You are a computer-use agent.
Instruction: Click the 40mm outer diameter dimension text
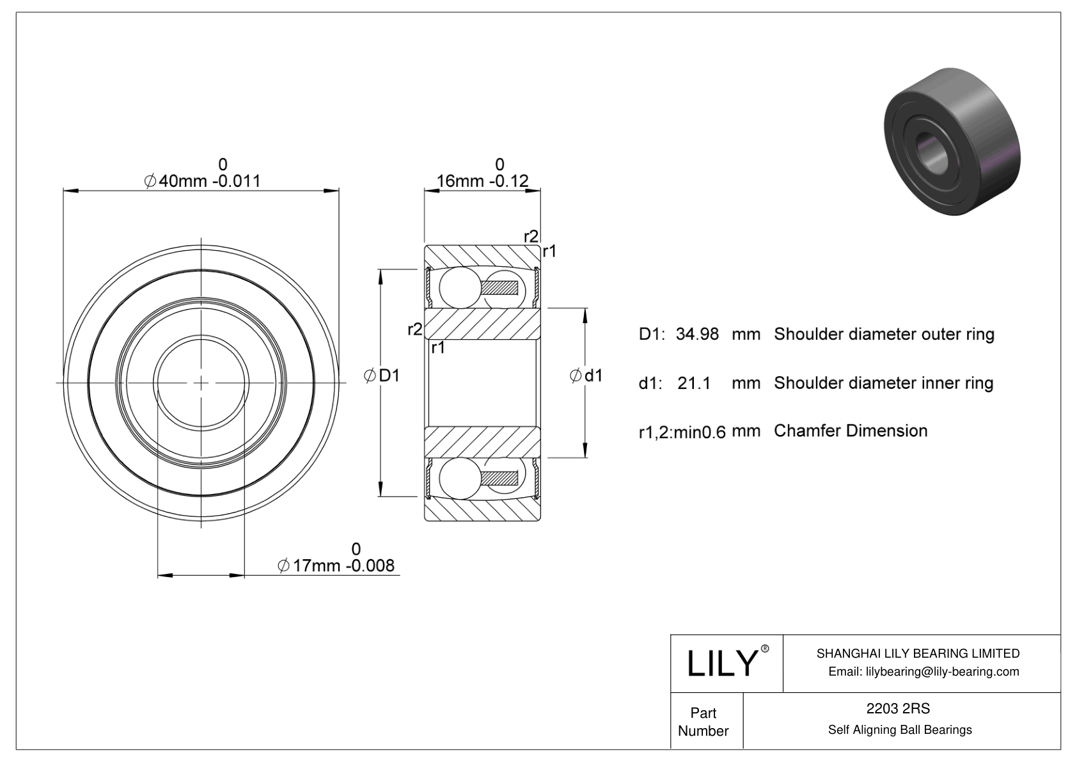coord(203,181)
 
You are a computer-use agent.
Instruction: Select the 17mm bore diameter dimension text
coord(337,566)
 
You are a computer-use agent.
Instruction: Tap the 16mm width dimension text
coord(482,181)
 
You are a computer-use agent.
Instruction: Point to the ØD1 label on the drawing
coord(382,376)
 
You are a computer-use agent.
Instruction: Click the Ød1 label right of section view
coord(586,376)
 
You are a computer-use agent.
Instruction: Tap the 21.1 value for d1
coord(694,383)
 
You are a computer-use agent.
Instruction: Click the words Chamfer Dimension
coord(851,431)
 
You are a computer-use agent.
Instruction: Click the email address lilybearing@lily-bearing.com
coord(924,671)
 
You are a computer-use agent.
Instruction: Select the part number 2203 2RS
coord(898,708)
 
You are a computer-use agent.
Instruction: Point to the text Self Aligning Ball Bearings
coord(900,729)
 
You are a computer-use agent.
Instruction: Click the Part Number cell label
coord(704,722)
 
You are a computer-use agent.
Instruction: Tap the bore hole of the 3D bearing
coord(931,148)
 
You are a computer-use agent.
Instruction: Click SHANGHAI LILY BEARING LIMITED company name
coord(918,653)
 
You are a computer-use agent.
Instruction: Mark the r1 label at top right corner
coord(549,252)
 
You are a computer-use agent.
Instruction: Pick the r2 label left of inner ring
coord(414,329)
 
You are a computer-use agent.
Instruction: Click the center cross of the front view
coord(201,383)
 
